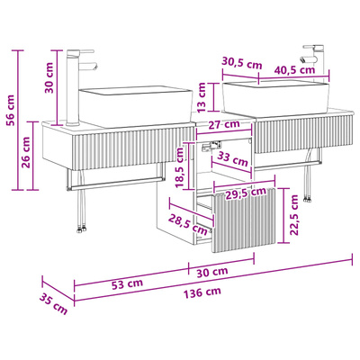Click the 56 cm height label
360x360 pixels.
pos(11,111)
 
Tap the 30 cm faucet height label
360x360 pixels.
pos(49,77)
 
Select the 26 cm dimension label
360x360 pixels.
pos(26,152)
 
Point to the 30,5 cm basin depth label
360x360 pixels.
pos(242,63)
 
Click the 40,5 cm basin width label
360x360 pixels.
pos(294,70)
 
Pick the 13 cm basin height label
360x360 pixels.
pos(202,97)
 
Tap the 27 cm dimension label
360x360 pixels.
pos(224,124)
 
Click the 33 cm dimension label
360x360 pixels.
pos(232,159)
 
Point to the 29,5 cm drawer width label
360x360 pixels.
pos(246,193)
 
